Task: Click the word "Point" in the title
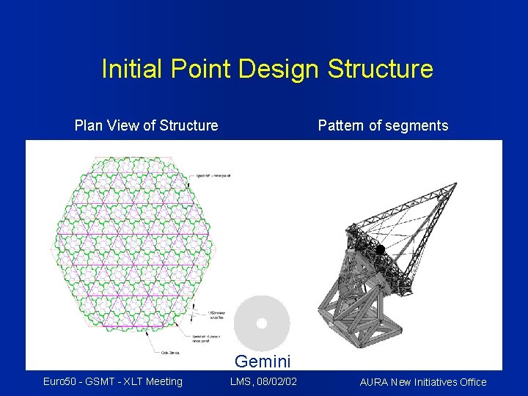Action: [199, 69]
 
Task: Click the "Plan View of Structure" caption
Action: [146, 125]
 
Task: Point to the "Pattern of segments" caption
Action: [383, 125]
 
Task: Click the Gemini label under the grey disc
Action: [263, 361]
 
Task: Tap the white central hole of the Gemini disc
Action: [261, 323]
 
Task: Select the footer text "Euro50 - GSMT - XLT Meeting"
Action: [113, 381]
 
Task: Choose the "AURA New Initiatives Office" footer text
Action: [422, 381]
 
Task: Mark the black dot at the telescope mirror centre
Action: [380, 251]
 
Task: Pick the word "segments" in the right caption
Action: [419, 125]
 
